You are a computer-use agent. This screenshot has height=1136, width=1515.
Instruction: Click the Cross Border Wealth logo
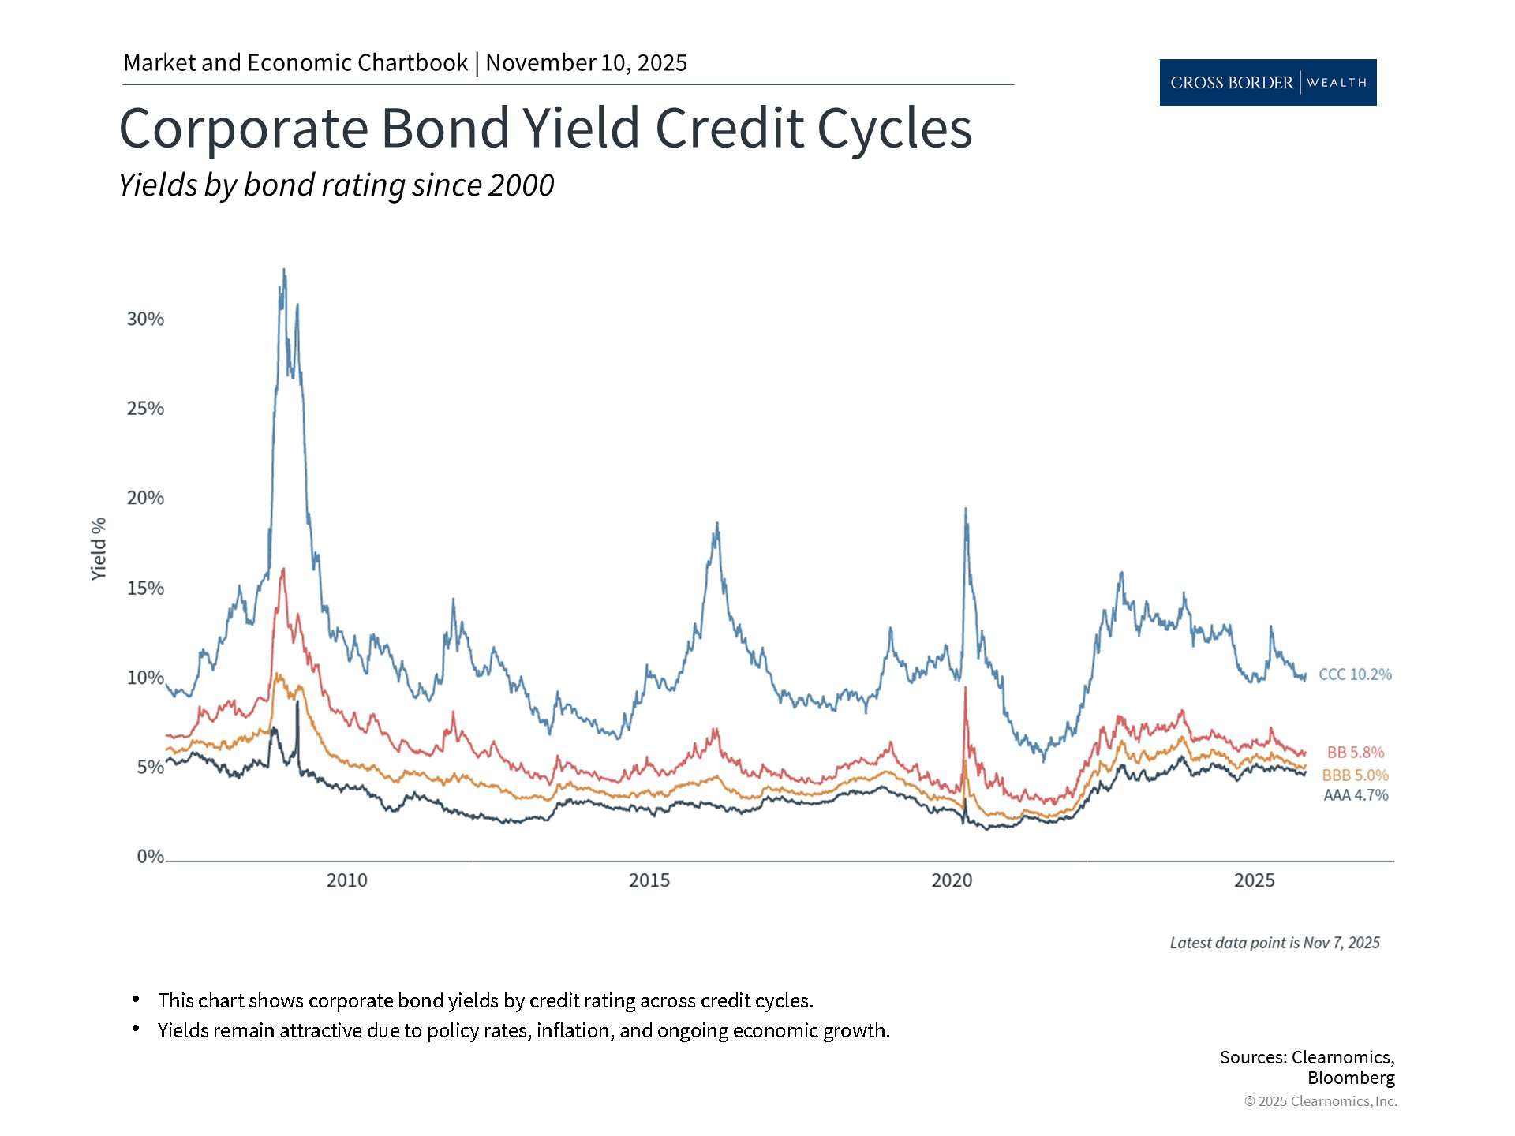[x=1267, y=82]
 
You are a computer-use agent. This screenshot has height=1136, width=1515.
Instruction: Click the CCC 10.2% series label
[x=1355, y=674]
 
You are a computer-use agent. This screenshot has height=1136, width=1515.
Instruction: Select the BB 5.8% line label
[x=1355, y=753]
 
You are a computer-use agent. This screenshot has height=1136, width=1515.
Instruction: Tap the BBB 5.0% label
[x=1355, y=775]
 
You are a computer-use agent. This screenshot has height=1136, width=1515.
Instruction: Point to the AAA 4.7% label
[x=1355, y=795]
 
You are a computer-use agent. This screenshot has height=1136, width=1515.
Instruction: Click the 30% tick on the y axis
[x=145, y=319]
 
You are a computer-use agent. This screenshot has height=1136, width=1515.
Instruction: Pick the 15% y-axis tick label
[x=145, y=588]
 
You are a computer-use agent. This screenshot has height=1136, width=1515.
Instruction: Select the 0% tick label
[x=150, y=857]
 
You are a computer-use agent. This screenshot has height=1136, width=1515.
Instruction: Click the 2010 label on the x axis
[x=347, y=880]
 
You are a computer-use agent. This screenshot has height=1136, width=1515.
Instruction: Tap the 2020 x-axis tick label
[x=952, y=880]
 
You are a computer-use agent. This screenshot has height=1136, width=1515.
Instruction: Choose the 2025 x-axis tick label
[x=1254, y=880]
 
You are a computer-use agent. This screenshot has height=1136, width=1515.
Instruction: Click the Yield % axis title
[x=99, y=549]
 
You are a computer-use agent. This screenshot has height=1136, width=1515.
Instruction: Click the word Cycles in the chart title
[x=894, y=128]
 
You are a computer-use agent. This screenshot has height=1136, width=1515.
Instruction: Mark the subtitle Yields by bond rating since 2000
[x=336, y=185]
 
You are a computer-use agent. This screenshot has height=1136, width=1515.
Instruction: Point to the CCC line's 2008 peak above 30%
[x=284, y=271]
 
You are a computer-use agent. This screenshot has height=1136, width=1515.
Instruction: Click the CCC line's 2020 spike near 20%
[x=966, y=510]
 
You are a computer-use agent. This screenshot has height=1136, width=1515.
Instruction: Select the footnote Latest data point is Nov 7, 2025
[x=1274, y=943]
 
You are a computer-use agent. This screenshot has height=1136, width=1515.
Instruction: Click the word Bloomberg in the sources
[x=1351, y=1078]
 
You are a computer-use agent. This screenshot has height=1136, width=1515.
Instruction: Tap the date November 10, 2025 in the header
[x=586, y=63]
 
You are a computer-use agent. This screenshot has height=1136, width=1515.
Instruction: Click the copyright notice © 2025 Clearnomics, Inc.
[x=1320, y=1101]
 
